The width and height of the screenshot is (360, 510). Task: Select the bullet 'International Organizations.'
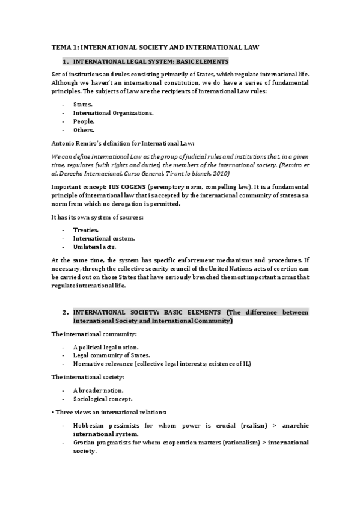113,112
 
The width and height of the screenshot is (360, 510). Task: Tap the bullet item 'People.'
84,121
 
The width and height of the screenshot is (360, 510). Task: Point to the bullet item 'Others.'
84,129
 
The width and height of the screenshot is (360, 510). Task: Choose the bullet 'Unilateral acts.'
94,247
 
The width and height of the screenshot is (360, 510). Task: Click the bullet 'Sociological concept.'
103,399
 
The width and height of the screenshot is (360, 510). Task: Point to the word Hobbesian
90,425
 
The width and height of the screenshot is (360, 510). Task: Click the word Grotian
85,442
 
